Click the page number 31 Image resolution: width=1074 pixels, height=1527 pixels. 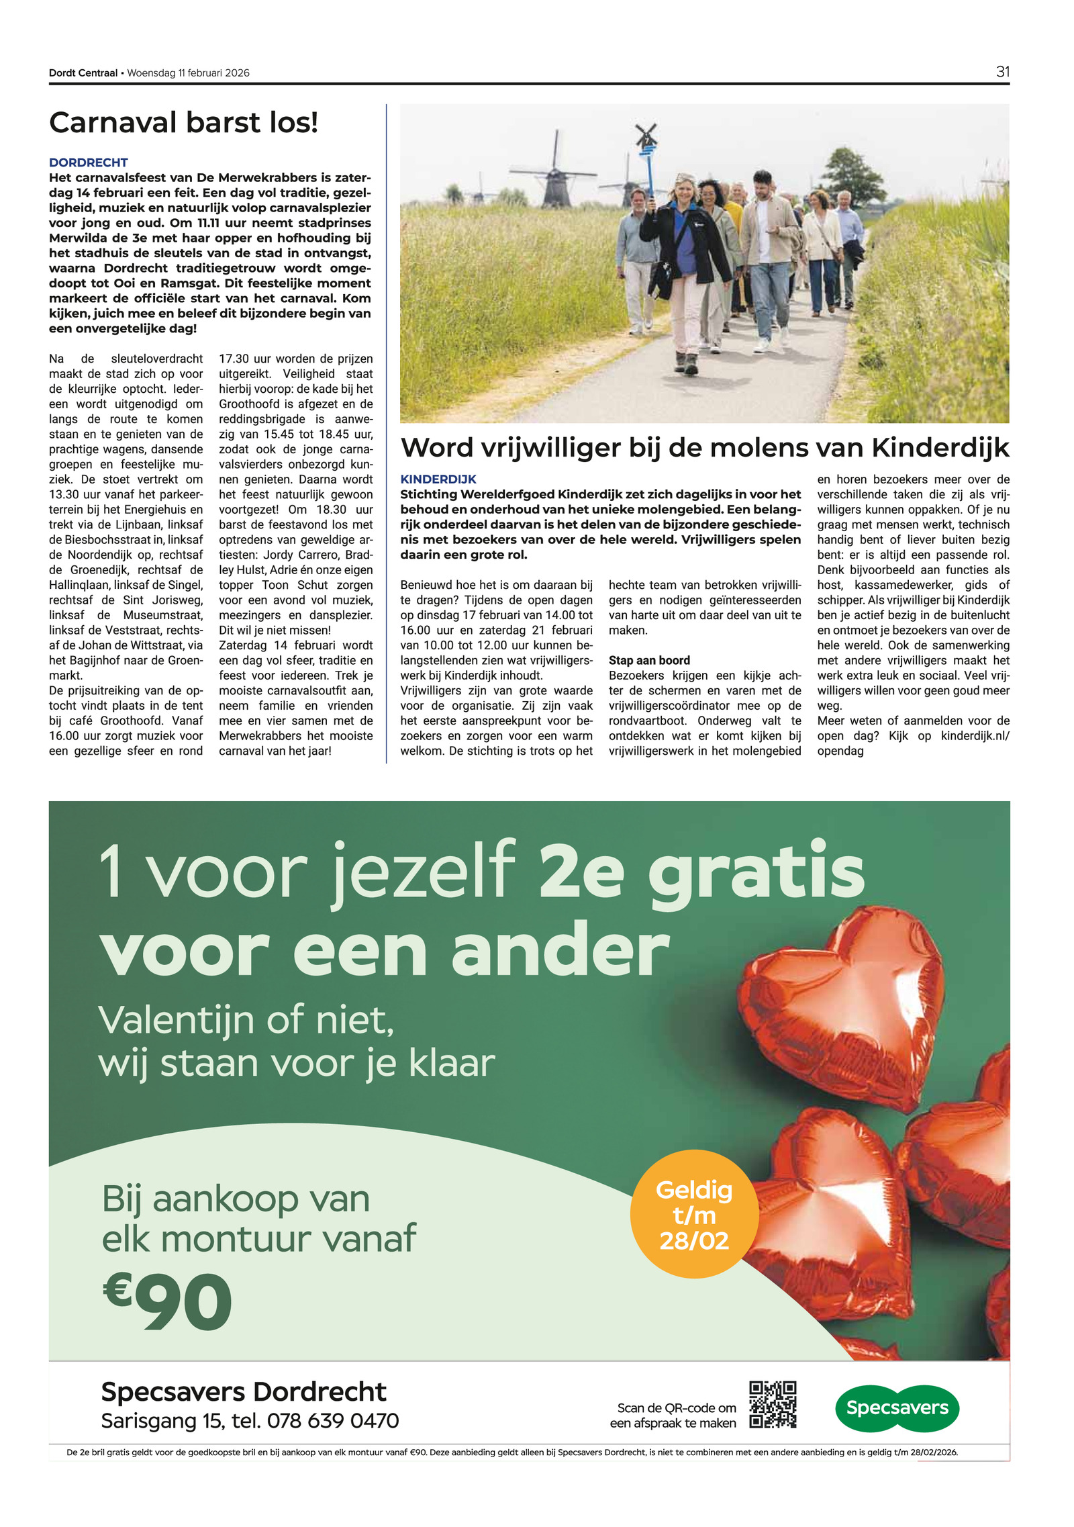1002,72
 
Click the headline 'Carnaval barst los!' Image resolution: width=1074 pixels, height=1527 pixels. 183,123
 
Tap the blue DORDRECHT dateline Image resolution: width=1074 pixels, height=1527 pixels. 88,163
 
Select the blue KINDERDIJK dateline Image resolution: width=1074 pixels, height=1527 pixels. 438,479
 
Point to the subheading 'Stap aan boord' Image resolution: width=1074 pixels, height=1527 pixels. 648,660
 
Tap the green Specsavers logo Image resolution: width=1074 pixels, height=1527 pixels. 896,1407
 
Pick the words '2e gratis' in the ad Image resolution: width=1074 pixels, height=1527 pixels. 701,872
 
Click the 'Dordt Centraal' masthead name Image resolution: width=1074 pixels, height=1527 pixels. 83,73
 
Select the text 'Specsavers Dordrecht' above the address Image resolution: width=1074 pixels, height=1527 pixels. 243,1391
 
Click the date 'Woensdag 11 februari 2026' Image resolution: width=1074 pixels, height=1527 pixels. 188,73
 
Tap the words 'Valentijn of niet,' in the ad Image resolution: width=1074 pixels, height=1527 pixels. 246,1020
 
